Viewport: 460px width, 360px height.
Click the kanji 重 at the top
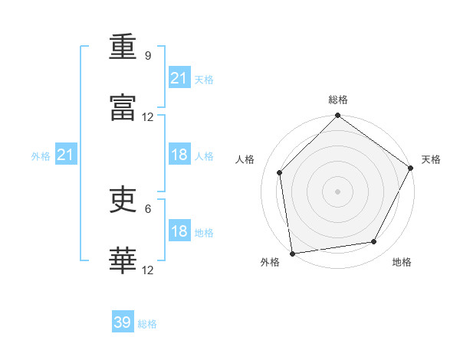(123, 47)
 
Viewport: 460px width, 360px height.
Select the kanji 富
(123, 107)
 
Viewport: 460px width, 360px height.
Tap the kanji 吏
(123, 199)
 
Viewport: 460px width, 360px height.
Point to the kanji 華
(123, 260)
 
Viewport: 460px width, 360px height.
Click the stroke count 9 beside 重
(148, 56)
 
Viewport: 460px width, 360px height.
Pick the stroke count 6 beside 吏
(148, 209)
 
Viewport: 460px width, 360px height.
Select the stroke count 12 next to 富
(147, 117)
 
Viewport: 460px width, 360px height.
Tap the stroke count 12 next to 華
(147, 270)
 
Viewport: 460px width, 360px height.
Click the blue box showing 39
(123, 321)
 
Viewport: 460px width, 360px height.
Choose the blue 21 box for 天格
(179, 77)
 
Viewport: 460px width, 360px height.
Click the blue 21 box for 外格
(66, 154)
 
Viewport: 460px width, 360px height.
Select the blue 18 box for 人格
(179, 154)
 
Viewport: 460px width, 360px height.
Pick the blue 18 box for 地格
(179, 230)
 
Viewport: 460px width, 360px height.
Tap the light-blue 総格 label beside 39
(147, 324)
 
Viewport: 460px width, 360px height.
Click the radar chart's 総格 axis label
(338, 100)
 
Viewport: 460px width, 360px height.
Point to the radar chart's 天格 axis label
(431, 159)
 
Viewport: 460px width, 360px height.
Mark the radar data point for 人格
(280, 172)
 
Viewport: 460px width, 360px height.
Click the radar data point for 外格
(292, 254)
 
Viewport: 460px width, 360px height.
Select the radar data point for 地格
(374, 241)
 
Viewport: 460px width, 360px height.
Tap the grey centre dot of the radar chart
(337, 191)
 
